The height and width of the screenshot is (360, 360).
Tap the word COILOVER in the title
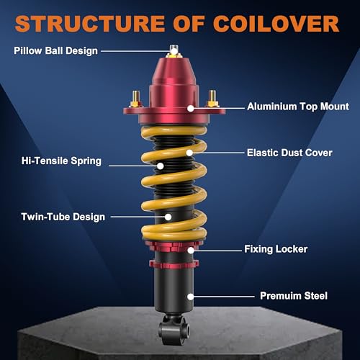276,24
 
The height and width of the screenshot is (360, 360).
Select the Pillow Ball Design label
55,51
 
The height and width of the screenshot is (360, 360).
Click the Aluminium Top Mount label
298,107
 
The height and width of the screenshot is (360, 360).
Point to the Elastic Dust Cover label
289,153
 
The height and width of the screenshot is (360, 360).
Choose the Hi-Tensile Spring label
61,161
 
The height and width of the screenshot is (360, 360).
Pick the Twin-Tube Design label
63,217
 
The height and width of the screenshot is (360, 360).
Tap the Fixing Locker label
276,249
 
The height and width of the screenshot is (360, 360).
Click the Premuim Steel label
294,296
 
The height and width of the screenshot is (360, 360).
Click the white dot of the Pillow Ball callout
174,51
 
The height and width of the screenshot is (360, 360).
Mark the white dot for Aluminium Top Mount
191,109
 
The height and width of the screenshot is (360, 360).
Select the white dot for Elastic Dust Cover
189,153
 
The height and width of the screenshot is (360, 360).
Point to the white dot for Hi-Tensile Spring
161,166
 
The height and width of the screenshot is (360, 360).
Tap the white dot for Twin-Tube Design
168,217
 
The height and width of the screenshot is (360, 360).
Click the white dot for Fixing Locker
191,251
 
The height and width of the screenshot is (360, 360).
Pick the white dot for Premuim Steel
191,297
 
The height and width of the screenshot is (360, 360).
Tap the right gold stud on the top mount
212,99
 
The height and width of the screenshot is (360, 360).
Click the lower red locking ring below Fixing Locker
174,264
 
